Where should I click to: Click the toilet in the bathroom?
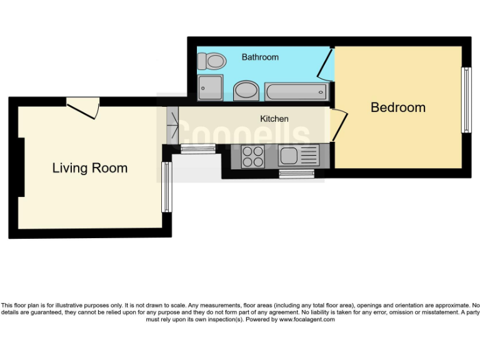(x=211, y=61)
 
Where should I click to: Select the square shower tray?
(x=209, y=89)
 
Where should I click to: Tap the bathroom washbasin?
(x=246, y=91)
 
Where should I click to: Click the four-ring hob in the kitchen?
(x=252, y=156)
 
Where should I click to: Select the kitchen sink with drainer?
(x=299, y=155)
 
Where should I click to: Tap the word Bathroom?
(x=260, y=57)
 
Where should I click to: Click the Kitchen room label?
(x=274, y=119)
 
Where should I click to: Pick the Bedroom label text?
(x=398, y=107)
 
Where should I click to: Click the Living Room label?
(x=89, y=168)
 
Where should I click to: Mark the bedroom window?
(x=466, y=100)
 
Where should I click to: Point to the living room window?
(x=166, y=187)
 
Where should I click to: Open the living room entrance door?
(x=84, y=107)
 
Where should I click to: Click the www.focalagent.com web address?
(x=306, y=320)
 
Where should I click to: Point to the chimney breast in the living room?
(x=21, y=167)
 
